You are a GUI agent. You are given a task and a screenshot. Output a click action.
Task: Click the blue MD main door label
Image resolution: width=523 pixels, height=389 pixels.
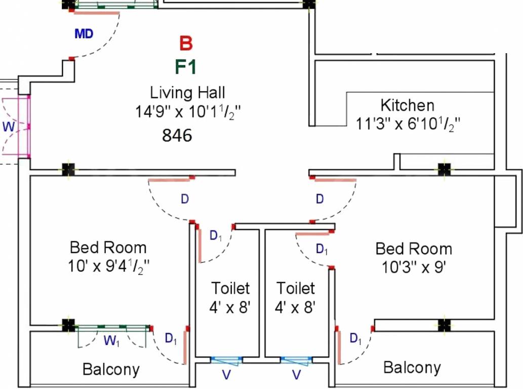pos(84,34)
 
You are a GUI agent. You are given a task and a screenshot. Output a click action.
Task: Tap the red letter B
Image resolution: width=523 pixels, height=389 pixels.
pos(186,44)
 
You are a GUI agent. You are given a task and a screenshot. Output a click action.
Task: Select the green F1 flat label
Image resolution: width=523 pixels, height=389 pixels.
pos(185,67)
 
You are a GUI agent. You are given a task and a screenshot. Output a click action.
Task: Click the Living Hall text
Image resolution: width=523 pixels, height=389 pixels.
pos(187,93)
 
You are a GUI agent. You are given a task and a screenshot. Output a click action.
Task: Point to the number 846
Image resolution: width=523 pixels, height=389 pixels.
pos(177,136)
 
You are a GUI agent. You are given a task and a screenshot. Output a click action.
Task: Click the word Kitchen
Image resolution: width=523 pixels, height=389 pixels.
pos(407,105)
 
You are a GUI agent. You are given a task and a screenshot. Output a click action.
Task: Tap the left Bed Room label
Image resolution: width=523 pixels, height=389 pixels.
pos(108,248)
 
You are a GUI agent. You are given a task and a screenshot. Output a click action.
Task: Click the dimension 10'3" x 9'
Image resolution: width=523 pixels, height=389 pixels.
pos(414,266)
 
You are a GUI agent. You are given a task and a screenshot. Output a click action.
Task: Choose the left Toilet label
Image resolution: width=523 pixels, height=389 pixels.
pos(230,288)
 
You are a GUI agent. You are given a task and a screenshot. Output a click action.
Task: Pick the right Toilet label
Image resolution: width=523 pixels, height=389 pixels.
pos(296,288)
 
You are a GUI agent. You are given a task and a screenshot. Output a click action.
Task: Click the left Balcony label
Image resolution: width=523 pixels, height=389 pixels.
pos(111,369)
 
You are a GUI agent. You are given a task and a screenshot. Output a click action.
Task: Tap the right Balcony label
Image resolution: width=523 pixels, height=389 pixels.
pos(412,367)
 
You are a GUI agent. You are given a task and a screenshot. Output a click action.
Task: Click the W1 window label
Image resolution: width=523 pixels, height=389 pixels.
pos(112,341)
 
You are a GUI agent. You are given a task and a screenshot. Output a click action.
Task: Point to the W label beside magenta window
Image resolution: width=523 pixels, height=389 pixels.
pos(9,127)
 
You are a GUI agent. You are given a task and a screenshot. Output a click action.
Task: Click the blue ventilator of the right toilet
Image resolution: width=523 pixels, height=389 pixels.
pos(296,360)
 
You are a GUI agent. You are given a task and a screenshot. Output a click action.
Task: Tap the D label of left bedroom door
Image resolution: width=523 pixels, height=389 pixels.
pos(185,199)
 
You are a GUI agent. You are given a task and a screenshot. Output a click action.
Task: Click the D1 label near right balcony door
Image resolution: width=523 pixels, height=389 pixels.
pos(356,338)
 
